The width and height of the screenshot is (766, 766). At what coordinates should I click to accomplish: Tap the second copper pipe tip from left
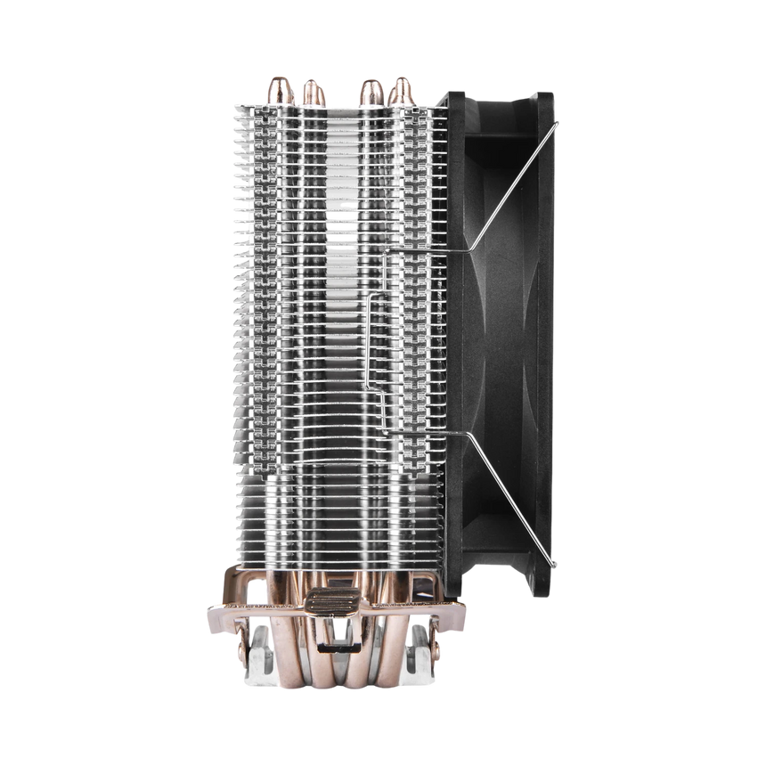(311, 91)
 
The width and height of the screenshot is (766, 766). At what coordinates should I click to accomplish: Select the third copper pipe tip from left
(367, 90)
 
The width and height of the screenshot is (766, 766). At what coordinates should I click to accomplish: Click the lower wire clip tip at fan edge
(555, 561)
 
